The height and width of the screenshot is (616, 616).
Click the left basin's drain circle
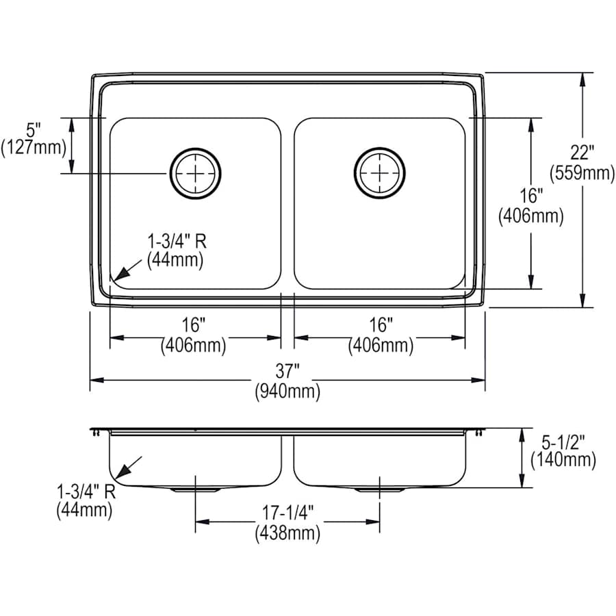(196, 173)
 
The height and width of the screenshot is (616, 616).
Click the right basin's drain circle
(380, 173)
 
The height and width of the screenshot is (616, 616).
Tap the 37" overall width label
(288, 372)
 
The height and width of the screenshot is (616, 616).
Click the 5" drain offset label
(34, 129)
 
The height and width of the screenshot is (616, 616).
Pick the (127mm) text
(34, 147)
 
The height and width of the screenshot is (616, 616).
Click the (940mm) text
(288, 392)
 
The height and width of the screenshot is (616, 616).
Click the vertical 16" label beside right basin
(530, 196)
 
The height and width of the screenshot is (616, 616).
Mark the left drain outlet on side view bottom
(196, 490)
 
